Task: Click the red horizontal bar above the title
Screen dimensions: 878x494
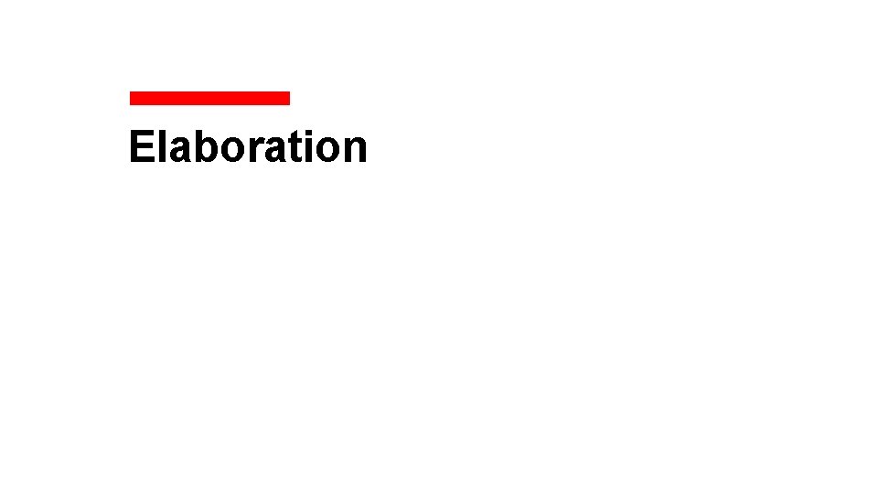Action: (x=209, y=98)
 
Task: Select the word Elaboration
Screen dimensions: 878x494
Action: (x=248, y=146)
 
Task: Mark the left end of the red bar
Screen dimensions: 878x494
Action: (x=132, y=98)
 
